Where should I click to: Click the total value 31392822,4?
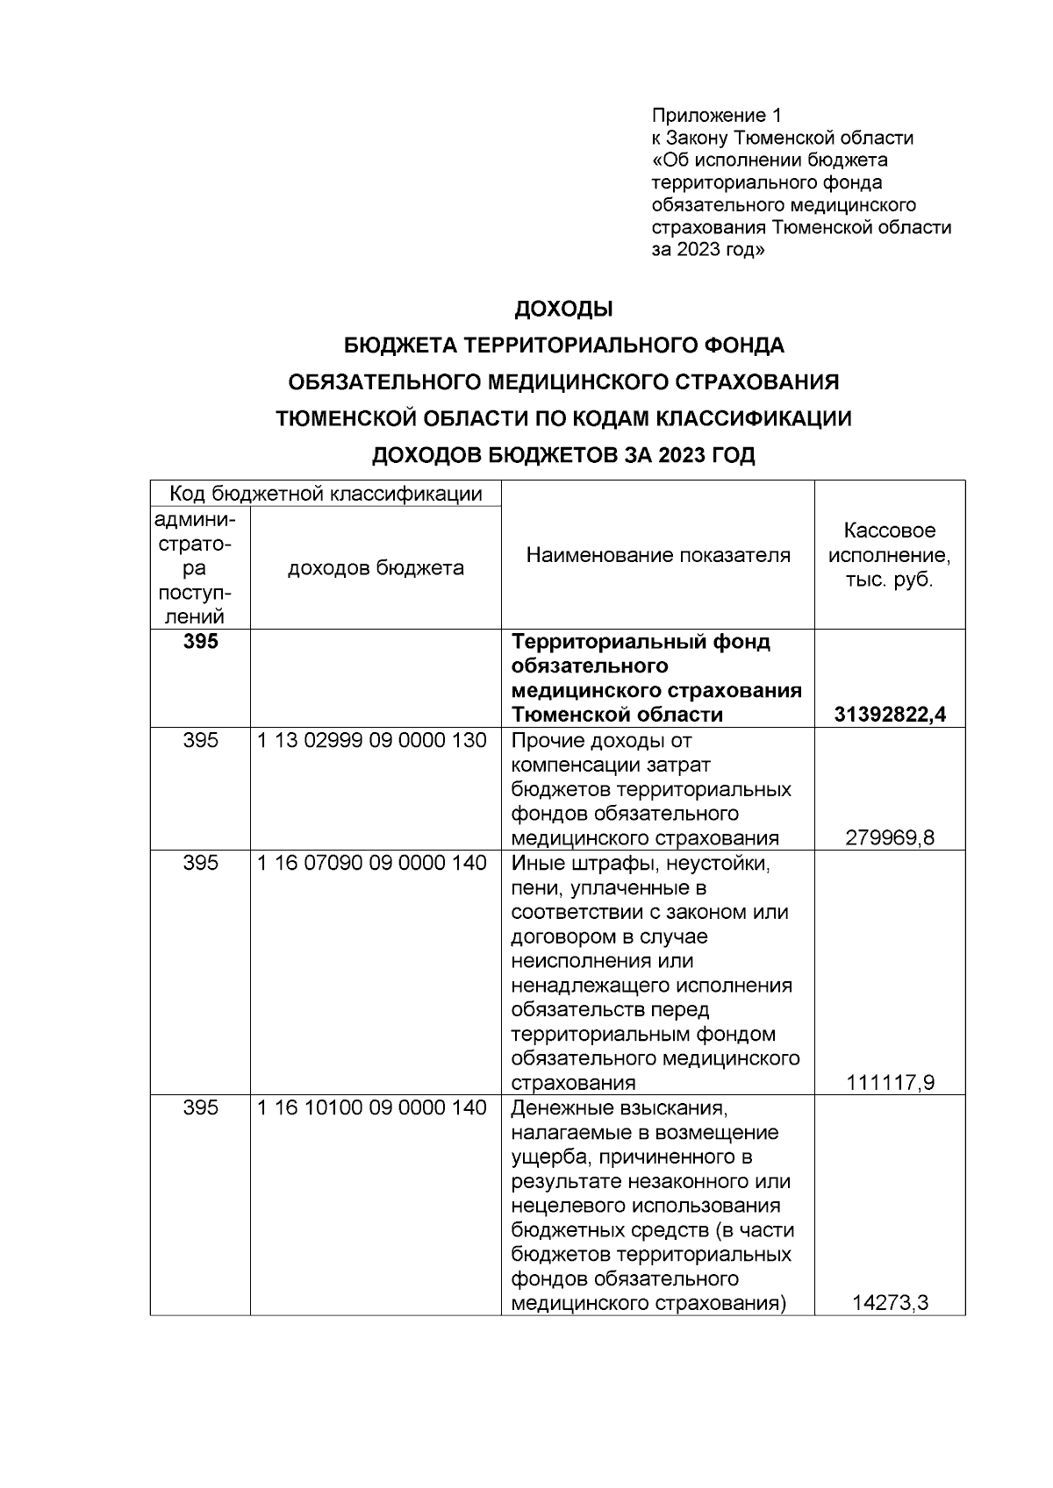pos(890,715)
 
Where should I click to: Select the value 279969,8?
pos(890,837)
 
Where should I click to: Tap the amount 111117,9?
pos(890,1083)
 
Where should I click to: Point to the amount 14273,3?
pos(890,1303)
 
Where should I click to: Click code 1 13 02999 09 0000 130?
pos(372,740)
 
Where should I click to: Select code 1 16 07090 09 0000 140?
pos(372,863)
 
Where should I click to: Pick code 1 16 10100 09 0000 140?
pos(372,1107)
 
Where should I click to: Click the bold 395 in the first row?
pos(200,642)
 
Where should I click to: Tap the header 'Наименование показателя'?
pos(657,555)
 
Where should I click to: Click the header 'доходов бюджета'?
pos(376,568)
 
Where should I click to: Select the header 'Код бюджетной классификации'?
pos(326,494)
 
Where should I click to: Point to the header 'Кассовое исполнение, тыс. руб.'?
pos(890,555)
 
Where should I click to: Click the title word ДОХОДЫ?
pos(562,310)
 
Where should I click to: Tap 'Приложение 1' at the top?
pos(716,116)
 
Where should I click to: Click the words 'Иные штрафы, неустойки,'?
pos(641,863)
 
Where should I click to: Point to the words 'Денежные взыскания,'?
pos(620,1107)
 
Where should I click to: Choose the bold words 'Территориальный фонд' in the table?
pos(641,642)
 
